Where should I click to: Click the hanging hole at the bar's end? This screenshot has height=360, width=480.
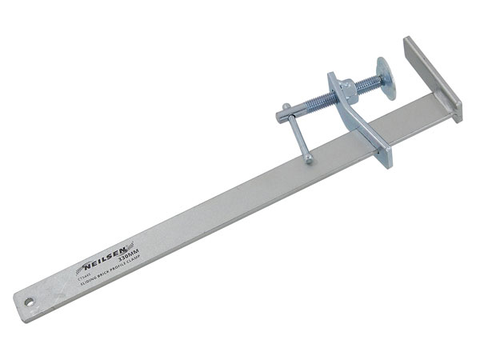(x=30, y=303)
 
